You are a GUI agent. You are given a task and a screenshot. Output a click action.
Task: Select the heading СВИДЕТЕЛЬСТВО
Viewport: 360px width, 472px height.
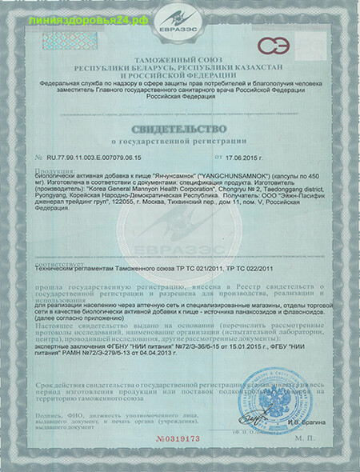(x=180, y=127)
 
